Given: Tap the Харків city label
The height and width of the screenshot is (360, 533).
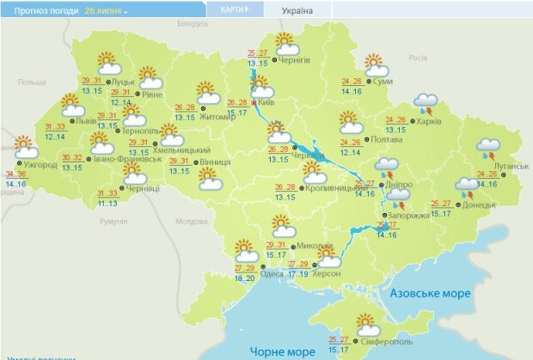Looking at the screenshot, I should (429, 121).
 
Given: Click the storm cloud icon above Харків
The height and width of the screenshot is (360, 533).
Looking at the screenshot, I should (424, 104).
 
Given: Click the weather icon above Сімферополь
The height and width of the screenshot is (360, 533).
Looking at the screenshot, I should (367, 326).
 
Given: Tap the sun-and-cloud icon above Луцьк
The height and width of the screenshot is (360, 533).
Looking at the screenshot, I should (108, 64).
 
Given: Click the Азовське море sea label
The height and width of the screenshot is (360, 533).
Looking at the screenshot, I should (430, 293).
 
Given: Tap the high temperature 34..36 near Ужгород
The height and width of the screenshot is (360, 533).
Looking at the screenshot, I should (15, 174).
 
